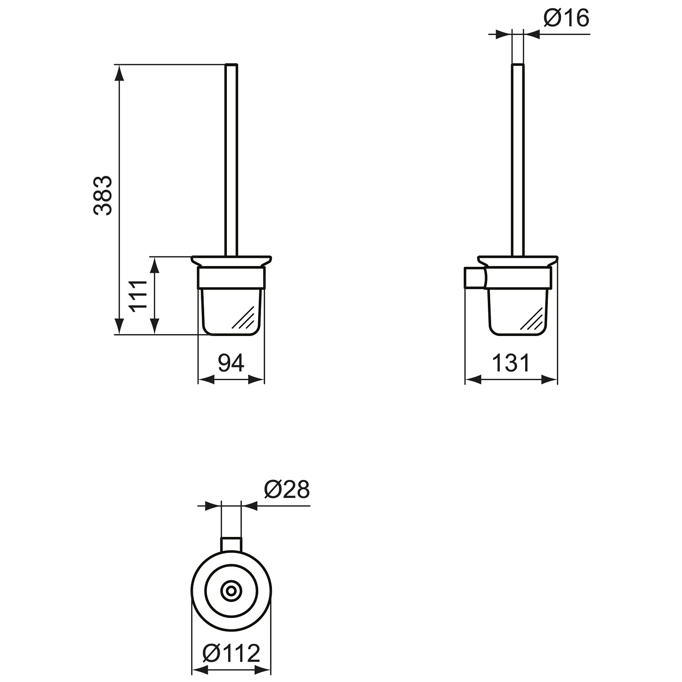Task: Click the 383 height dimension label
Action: coord(103,195)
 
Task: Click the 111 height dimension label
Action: coord(139,296)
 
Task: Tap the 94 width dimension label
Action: coord(231,362)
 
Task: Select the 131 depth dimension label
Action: coord(511,363)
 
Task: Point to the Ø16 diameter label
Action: coord(566,18)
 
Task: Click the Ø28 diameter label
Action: coord(286,490)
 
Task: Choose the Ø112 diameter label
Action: coord(231,653)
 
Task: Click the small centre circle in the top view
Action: coord(231,591)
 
